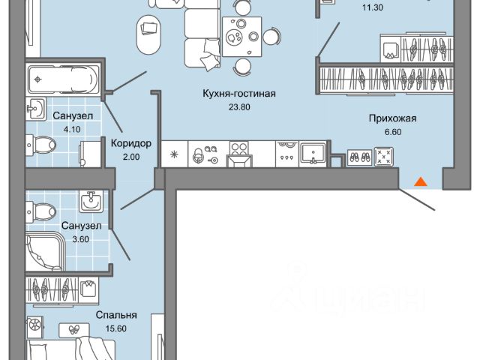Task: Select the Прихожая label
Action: coord(391,118)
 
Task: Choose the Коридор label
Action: coord(131,142)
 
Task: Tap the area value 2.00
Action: coord(131,156)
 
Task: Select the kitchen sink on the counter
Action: coord(311,152)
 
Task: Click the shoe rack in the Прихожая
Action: coord(358,157)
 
